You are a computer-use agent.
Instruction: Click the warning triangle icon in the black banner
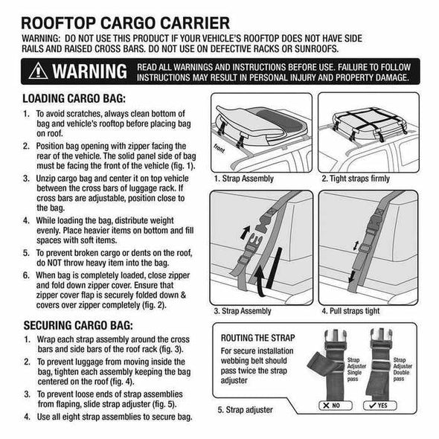click(x=38, y=71)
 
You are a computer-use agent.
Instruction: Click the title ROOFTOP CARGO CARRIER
click(x=126, y=23)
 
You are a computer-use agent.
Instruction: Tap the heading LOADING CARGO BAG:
click(x=74, y=98)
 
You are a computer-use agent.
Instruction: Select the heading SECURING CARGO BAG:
click(x=78, y=325)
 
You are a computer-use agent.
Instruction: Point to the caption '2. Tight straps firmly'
click(x=356, y=179)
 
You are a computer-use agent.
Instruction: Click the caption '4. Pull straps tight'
click(x=350, y=311)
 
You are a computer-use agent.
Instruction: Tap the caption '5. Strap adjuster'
click(x=245, y=409)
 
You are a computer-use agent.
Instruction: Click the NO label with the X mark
click(x=335, y=406)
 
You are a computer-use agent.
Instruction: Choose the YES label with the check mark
click(x=379, y=406)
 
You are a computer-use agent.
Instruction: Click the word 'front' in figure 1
click(x=219, y=148)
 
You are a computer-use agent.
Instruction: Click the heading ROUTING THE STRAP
click(x=257, y=338)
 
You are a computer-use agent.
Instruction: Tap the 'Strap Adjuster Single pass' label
click(x=356, y=369)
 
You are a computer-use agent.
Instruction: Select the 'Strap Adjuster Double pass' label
click(x=403, y=369)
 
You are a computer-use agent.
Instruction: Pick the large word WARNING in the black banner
click(x=89, y=71)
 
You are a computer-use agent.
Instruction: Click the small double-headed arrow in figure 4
click(x=356, y=246)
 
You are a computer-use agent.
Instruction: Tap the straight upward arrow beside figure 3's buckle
click(x=246, y=233)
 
